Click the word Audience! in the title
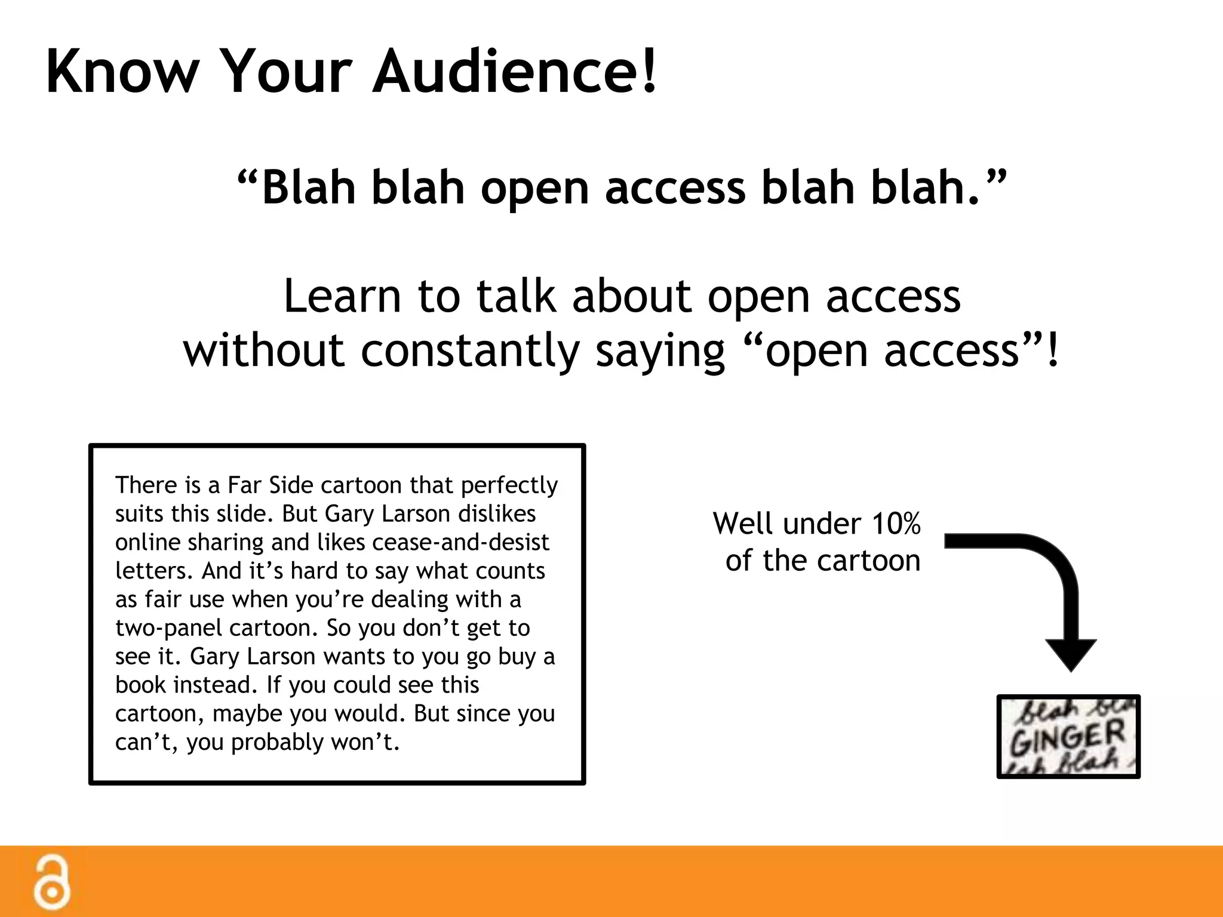[515, 72]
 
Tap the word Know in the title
[122, 72]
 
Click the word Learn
[342, 297]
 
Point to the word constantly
[470, 351]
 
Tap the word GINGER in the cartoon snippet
[1067, 738]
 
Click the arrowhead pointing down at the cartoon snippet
[1071, 654]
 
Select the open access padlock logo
[52, 883]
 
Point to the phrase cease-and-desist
[460, 542]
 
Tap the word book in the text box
[140, 685]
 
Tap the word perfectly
[509, 485]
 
